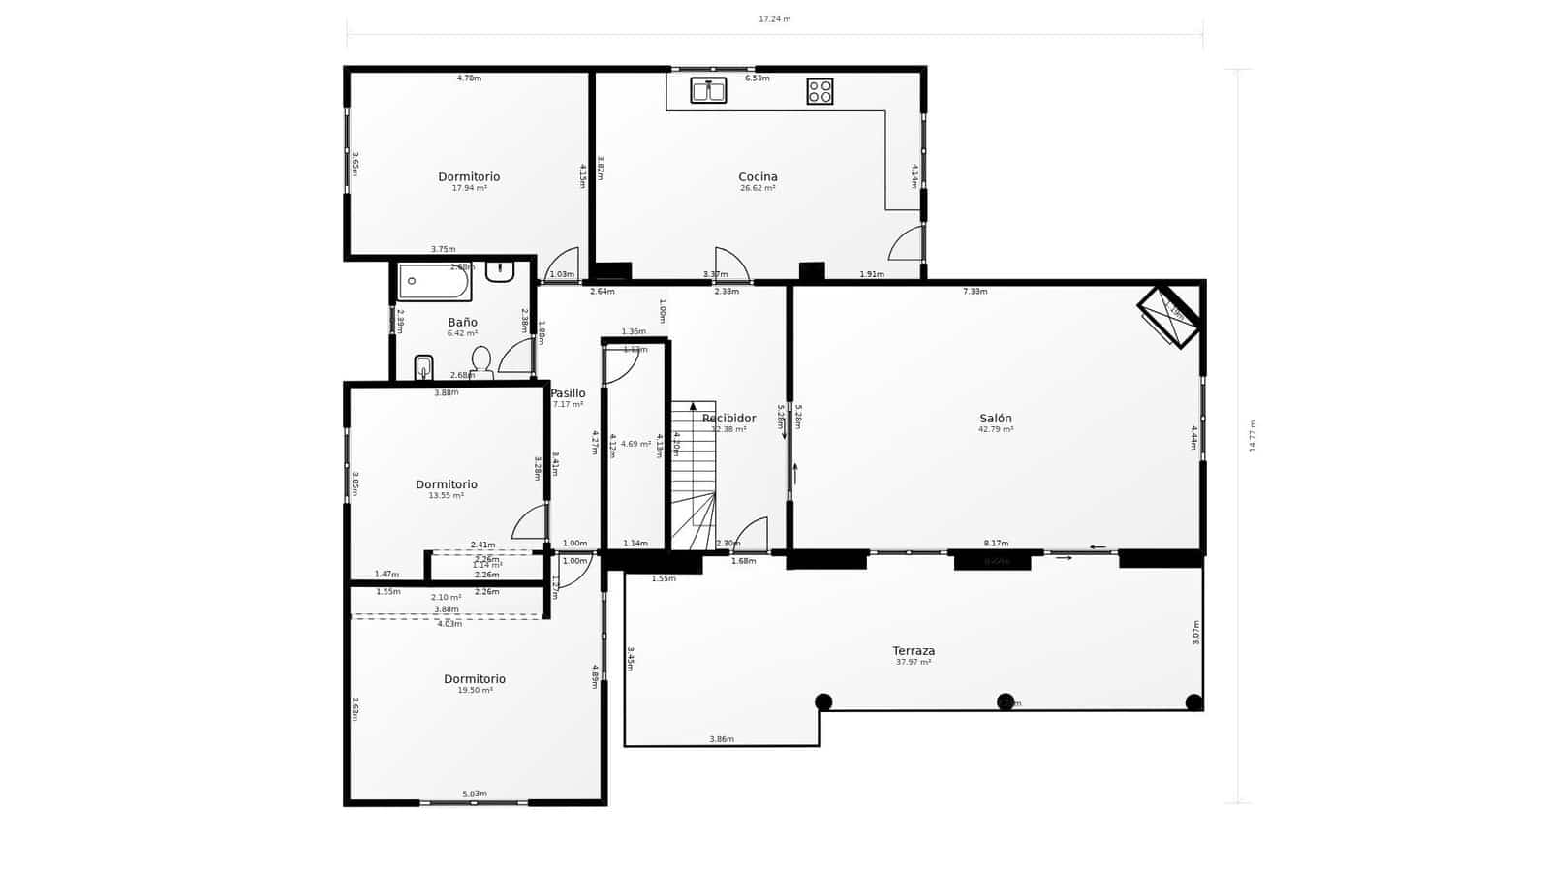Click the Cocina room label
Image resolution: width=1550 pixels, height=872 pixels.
pyautogui.click(x=758, y=176)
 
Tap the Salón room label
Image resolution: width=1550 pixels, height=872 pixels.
pyautogui.click(x=995, y=419)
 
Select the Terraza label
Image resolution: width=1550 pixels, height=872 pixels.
pyautogui.click(x=914, y=651)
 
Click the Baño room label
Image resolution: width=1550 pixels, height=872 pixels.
pyautogui.click(x=462, y=322)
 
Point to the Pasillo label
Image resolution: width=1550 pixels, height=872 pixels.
pyautogui.click(x=568, y=393)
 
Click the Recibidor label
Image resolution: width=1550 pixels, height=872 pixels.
pyautogui.click(x=728, y=419)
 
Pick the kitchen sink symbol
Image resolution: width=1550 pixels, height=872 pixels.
pyautogui.click(x=708, y=91)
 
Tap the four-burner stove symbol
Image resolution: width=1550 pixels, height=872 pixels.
pyautogui.click(x=820, y=91)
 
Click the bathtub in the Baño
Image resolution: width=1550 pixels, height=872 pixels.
pyautogui.click(x=434, y=281)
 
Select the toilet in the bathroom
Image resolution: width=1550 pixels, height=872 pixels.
pyautogui.click(x=480, y=361)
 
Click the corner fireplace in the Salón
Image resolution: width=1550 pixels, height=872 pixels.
pyautogui.click(x=1170, y=315)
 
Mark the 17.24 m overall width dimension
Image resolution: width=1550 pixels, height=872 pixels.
pyautogui.click(x=774, y=19)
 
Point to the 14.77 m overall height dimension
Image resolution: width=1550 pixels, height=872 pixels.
pyautogui.click(x=1253, y=436)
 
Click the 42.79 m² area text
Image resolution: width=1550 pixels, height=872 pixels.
pyautogui.click(x=996, y=430)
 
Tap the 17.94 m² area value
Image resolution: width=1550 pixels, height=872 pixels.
pyautogui.click(x=469, y=188)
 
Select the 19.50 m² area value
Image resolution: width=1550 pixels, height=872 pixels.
pyautogui.click(x=475, y=691)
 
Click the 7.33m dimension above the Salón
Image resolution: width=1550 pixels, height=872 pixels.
pyautogui.click(x=975, y=292)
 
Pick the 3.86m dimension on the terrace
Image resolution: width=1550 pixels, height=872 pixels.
pyautogui.click(x=721, y=739)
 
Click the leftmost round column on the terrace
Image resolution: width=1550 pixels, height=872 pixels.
pyautogui.click(x=823, y=701)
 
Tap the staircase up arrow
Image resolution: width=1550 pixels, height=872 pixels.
pyautogui.click(x=693, y=407)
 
